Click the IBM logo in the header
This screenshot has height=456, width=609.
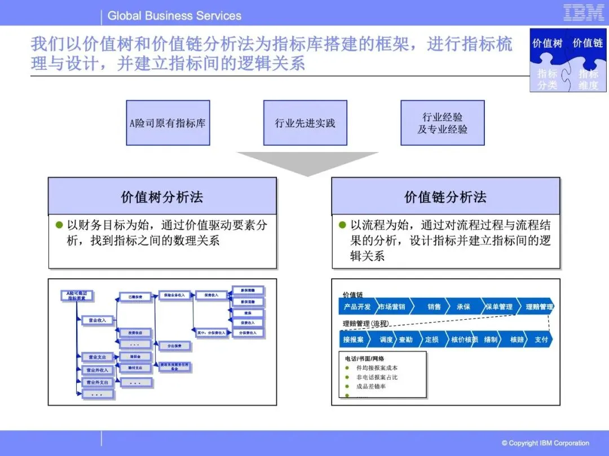[584, 13]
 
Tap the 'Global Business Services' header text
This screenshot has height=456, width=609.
[174, 16]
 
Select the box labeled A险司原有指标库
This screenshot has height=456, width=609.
[167, 123]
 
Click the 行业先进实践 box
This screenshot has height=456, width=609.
[305, 123]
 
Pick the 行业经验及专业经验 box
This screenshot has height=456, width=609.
[443, 123]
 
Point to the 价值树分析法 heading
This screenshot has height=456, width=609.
[162, 197]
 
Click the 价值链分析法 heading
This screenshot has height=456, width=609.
[445, 197]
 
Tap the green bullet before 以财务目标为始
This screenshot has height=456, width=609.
[59, 226]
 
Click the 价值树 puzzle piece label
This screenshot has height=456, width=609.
[548, 43]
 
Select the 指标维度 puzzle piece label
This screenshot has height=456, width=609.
[588, 79]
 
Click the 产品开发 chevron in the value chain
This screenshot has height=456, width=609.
[356, 307]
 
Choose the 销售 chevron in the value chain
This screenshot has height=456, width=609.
[434, 307]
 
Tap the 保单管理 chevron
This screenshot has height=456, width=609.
[499, 307]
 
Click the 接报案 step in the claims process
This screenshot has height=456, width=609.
[354, 339]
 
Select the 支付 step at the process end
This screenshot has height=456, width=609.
[541, 339]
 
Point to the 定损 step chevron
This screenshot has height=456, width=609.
[432, 339]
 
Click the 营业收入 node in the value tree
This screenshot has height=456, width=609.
[97, 320]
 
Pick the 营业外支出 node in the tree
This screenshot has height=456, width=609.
[97, 382]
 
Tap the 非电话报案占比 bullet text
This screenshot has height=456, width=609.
[377, 377]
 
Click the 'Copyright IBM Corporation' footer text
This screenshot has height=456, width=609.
[545, 443]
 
